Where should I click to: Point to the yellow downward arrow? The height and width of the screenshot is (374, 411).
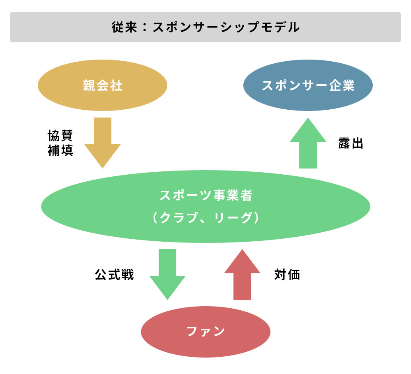102,142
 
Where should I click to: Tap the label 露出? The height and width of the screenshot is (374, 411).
351,143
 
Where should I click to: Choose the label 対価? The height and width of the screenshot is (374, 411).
287,275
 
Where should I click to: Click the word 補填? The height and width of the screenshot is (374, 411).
60,150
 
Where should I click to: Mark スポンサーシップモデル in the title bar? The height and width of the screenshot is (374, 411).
226,28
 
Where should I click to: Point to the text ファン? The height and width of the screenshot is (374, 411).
205,331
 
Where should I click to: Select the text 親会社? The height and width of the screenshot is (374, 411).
102,85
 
